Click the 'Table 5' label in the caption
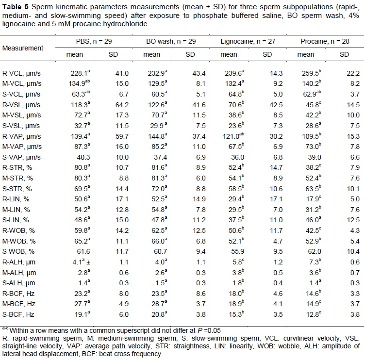click(x=16, y=6)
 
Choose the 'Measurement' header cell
click(x=23, y=48)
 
